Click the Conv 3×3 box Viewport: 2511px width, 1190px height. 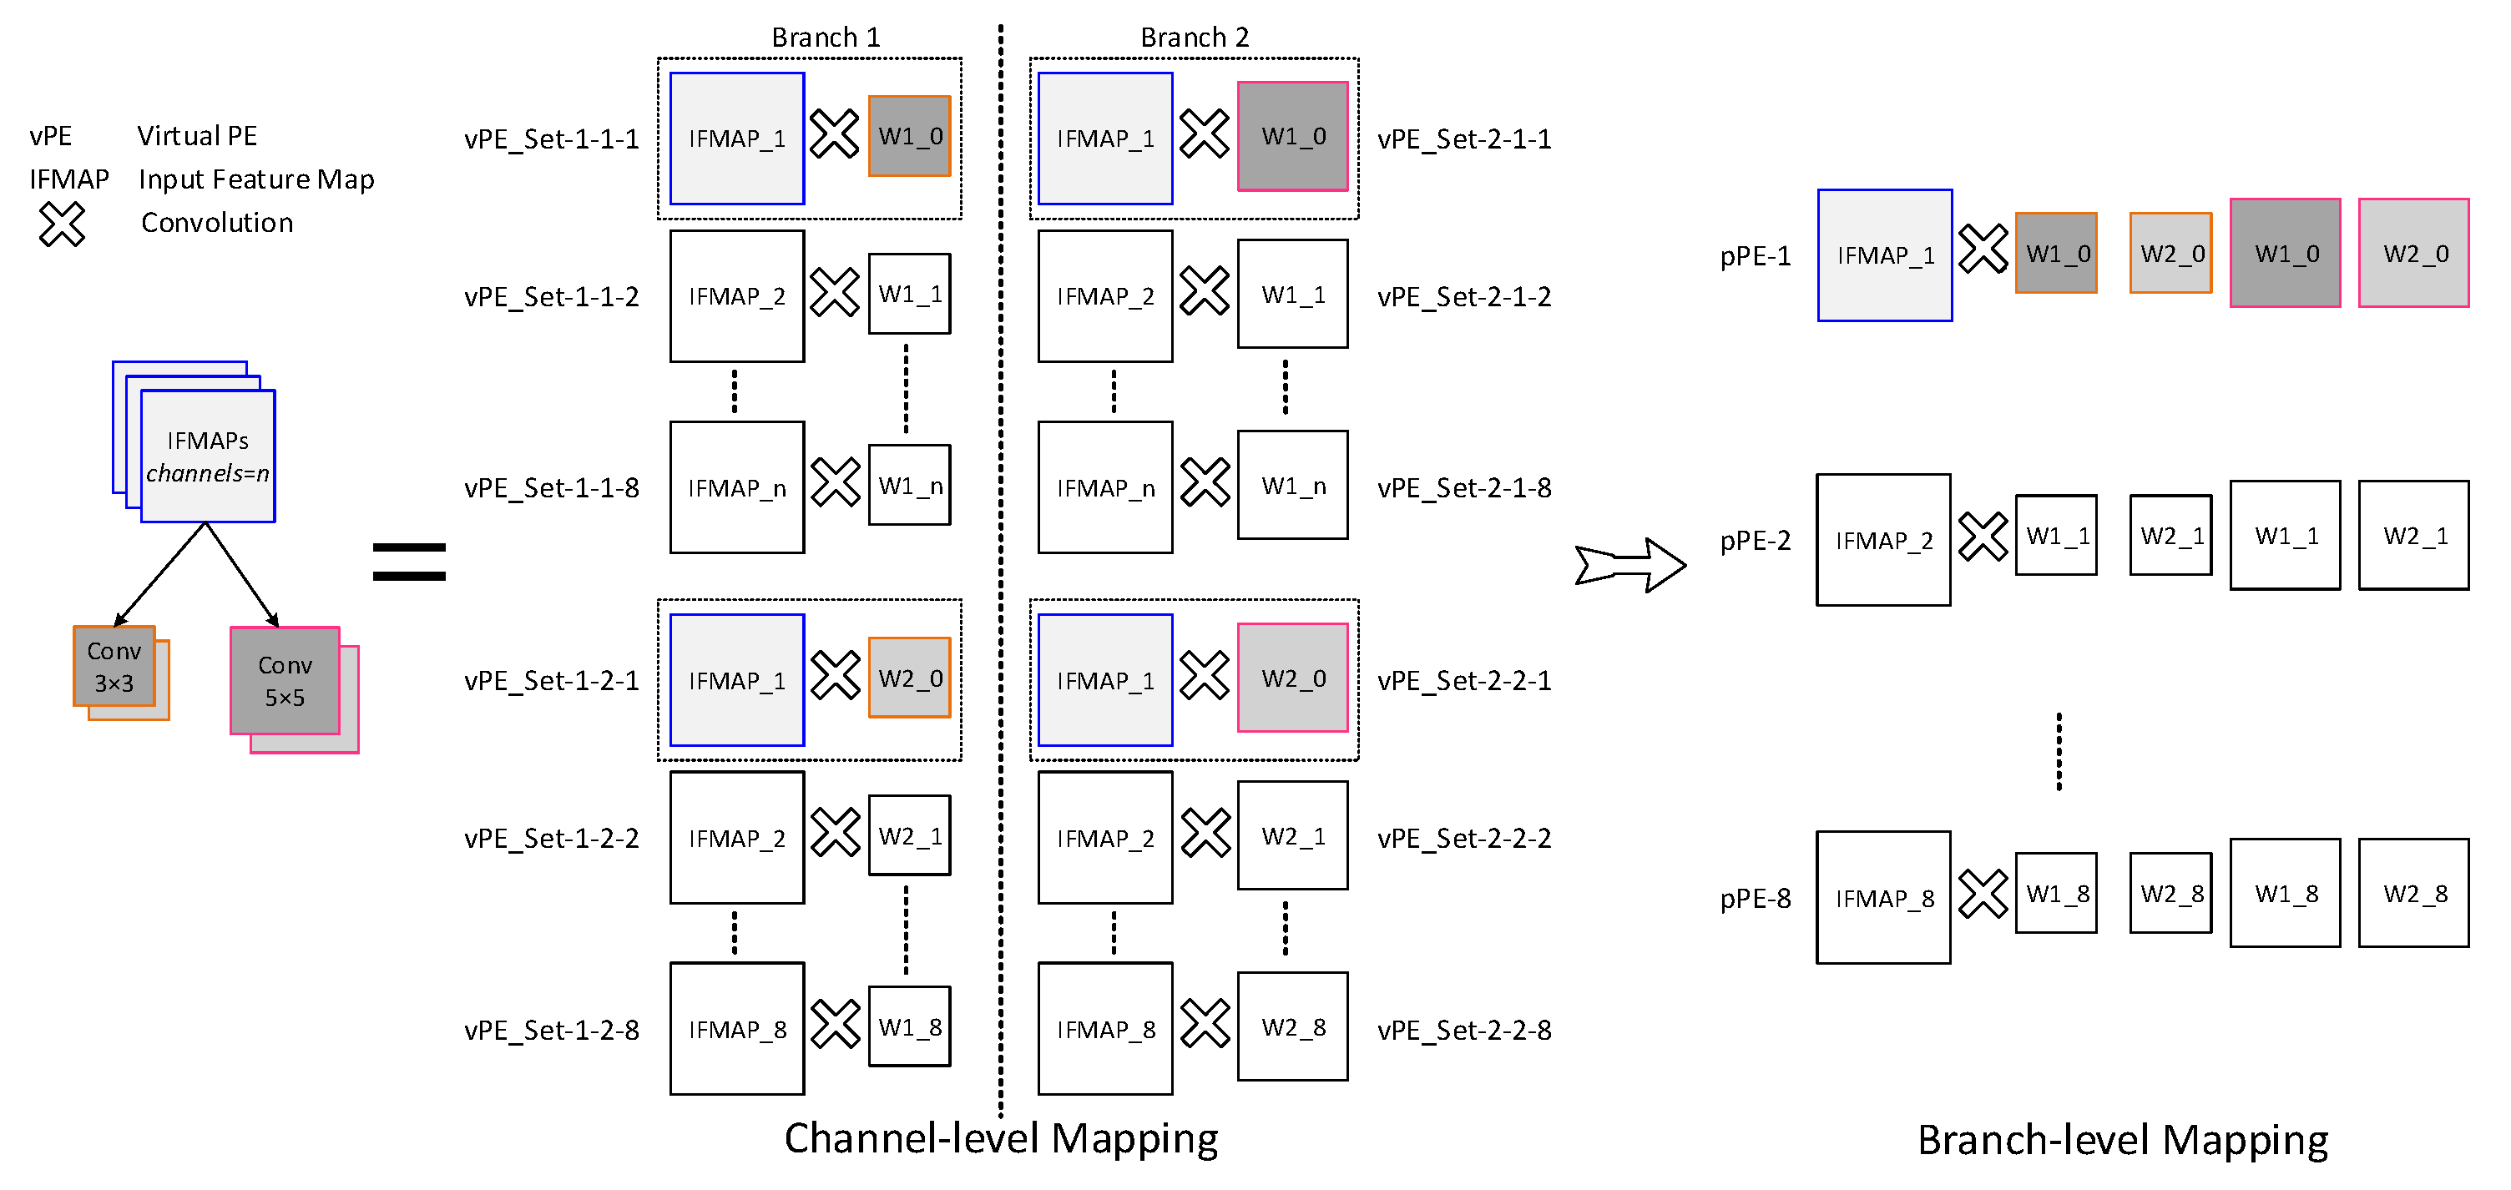click(x=114, y=667)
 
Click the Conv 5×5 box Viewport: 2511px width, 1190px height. click(x=285, y=681)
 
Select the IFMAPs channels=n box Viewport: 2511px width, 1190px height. click(x=208, y=456)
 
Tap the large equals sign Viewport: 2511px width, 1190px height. click(x=409, y=562)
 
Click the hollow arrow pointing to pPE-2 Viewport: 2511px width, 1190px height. click(x=1629, y=564)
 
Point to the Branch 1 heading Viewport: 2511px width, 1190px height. click(x=826, y=37)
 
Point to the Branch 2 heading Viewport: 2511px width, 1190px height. click(x=1194, y=37)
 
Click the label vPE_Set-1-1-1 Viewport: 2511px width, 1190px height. click(x=552, y=139)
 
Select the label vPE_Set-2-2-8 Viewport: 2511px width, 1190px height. click(x=1464, y=1029)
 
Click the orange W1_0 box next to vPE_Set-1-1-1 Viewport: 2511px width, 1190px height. click(x=909, y=137)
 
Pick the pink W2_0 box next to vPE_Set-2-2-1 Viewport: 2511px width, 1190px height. click(x=1292, y=678)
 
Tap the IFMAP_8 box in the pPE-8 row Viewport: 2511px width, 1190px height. click(x=1883, y=898)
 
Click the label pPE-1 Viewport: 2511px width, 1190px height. click(x=1755, y=256)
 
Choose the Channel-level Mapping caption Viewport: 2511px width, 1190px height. click(x=1001, y=1138)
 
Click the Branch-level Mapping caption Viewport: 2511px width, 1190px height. click(x=2122, y=1139)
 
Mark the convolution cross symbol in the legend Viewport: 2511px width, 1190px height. click(x=62, y=224)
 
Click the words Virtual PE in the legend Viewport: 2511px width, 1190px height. click(x=197, y=135)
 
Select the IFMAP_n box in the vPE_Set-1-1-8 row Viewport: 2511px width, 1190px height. click(x=737, y=487)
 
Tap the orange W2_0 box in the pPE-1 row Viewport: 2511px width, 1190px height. click(x=2170, y=254)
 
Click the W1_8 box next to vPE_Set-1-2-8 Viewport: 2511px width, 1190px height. click(x=909, y=1027)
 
